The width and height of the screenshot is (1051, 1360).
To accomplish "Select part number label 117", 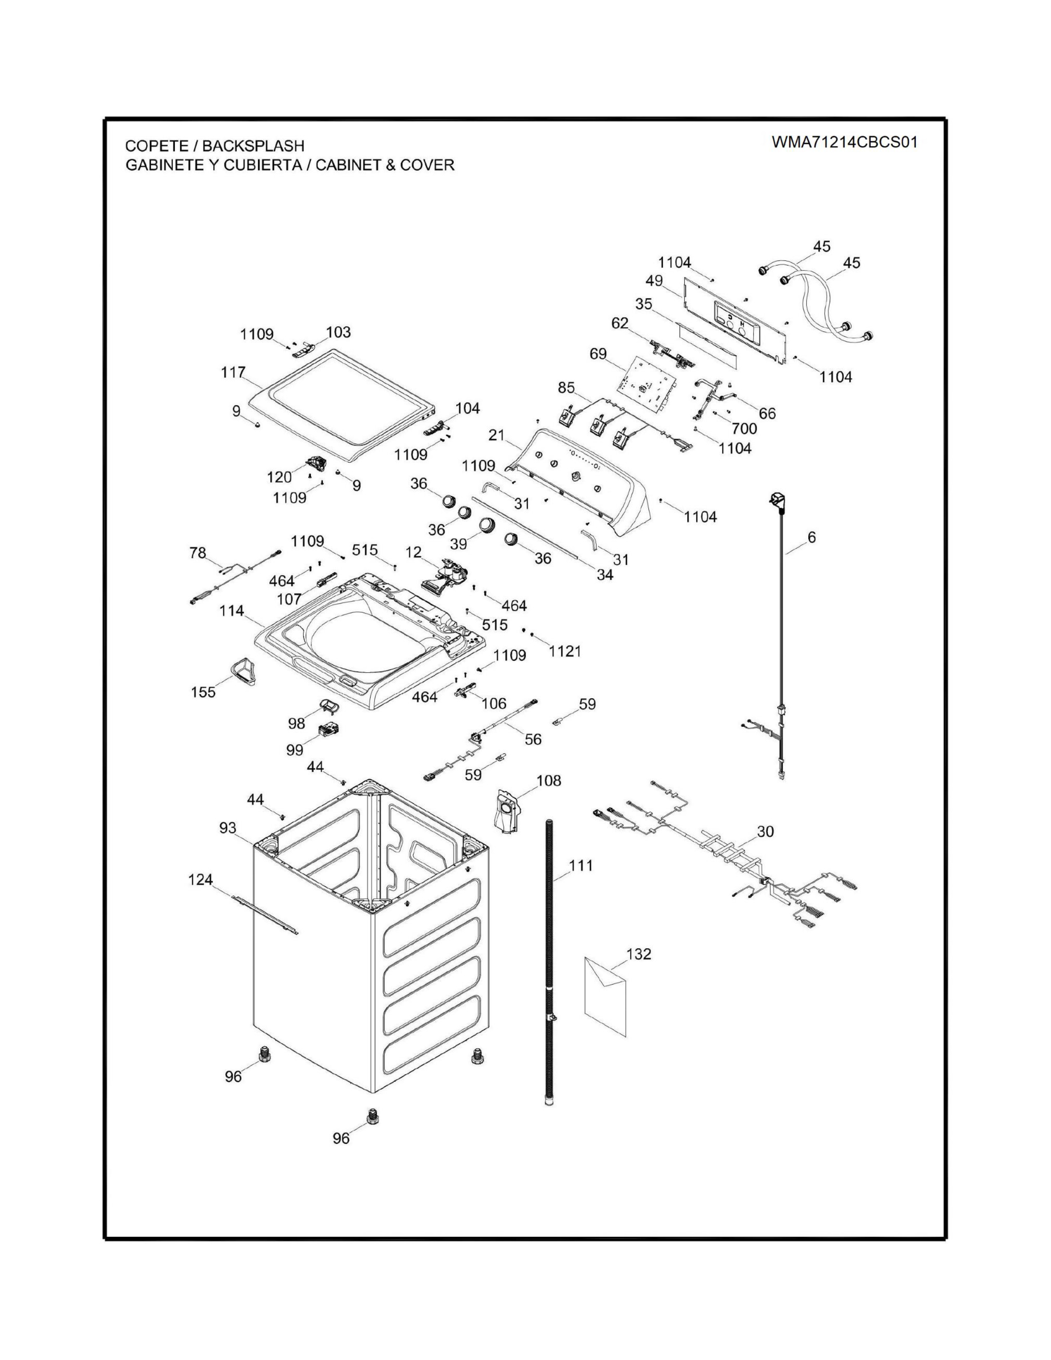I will point(233,373).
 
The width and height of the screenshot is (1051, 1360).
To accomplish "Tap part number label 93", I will point(228,828).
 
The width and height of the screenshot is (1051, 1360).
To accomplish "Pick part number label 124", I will point(200,880).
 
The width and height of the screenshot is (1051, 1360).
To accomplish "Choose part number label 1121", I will point(565,651).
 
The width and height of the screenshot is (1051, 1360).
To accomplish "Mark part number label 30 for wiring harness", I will point(765,831).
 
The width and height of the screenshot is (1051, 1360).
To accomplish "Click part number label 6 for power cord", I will point(811,537).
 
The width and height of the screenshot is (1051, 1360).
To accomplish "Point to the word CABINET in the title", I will point(349,165).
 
